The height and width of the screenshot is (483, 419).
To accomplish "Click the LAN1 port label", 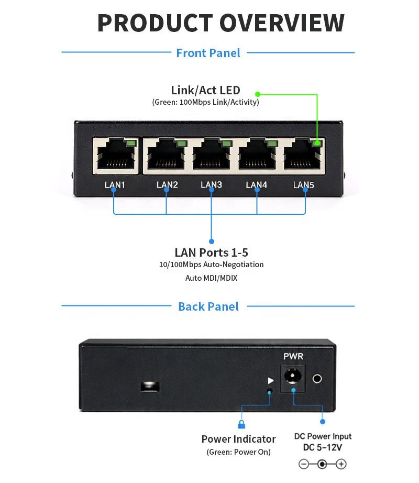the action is click(x=115, y=185).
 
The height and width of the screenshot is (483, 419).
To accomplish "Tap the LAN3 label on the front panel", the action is click(x=211, y=184).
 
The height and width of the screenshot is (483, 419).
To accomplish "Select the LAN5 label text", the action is click(x=304, y=185).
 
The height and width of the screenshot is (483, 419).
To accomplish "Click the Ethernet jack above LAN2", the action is click(x=166, y=154).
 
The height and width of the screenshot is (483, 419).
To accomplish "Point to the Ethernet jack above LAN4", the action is click(x=257, y=154).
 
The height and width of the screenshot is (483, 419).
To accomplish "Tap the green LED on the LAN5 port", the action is click(x=316, y=143).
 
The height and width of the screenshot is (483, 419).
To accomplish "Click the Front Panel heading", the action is click(x=208, y=53).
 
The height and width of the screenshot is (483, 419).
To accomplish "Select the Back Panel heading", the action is click(x=208, y=306).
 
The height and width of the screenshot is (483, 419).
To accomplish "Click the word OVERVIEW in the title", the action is click(x=282, y=23).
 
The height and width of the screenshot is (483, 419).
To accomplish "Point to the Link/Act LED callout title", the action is click(x=206, y=90).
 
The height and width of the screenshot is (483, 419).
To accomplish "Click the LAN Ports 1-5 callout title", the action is click(x=211, y=253).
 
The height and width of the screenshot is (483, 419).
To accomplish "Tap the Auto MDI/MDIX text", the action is click(x=211, y=278).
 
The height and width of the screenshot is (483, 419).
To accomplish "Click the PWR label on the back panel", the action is click(x=293, y=356).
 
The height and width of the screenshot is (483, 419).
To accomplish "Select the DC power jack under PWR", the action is click(x=293, y=378).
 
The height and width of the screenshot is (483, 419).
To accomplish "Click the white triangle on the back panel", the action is click(x=271, y=381).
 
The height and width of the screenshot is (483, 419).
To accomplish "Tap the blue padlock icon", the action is click(x=241, y=424).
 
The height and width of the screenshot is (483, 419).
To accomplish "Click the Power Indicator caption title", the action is click(x=239, y=439).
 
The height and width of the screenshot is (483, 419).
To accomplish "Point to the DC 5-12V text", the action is click(x=322, y=447).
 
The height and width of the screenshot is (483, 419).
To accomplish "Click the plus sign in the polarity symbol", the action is click(x=341, y=464).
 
